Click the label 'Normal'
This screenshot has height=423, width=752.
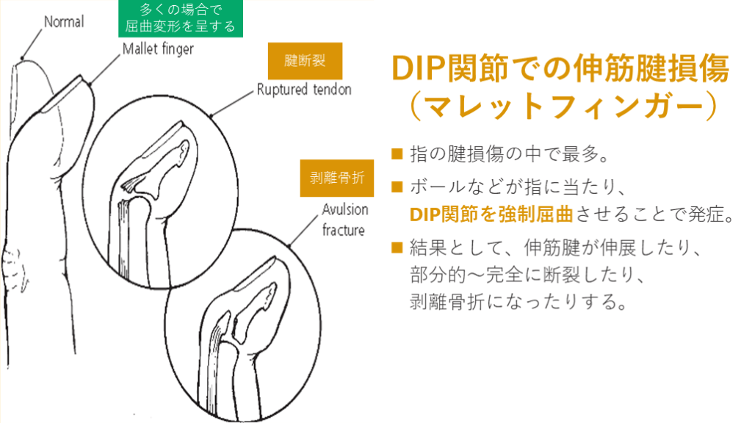[x=64, y=22]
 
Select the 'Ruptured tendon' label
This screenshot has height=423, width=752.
[x=304, y=90]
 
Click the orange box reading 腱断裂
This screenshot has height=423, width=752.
[x=305, y=60]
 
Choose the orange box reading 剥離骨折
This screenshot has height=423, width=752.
[x=332, y=178]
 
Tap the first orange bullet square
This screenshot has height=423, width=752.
[x=397, y=153]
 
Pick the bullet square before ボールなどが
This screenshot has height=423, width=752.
[x=397, y=187]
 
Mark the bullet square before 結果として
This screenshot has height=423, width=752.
[x=397, y=247]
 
